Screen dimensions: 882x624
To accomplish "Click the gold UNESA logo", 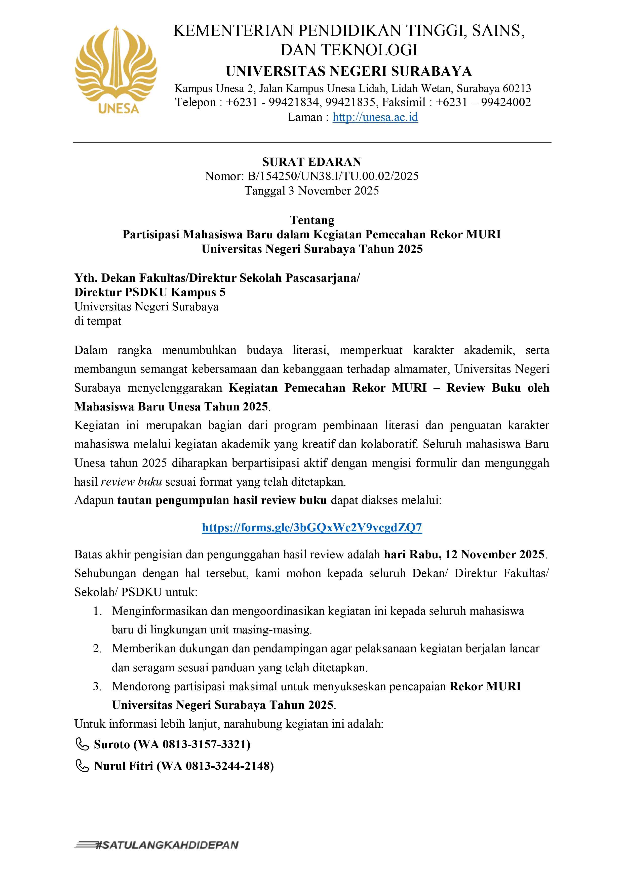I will coord(116,69).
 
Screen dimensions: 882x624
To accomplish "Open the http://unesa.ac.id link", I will coord(375,117).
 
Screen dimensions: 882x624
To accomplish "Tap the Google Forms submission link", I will coord(312,527).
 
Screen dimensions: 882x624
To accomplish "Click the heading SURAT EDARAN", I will coord(312,162).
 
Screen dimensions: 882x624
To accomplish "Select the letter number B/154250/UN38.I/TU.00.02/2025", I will coord(333,176).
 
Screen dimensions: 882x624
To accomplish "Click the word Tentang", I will coord(312,220).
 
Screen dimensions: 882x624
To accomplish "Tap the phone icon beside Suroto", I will coord(82,745).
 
